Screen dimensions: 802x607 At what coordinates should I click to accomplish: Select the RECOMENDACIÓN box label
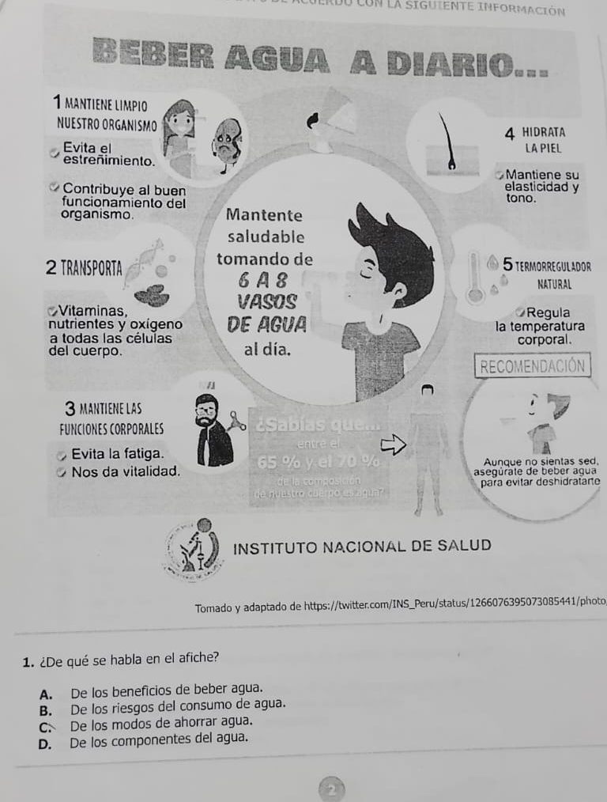tap(533, 365)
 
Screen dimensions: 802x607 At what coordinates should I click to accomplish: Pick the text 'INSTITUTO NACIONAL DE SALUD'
tap(363, 546)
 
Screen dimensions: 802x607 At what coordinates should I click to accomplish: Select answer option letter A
tap(45, 690)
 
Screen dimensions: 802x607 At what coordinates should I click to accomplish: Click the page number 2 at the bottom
tap(332, 789)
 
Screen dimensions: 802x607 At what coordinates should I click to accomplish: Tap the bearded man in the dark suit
tap(211, 431)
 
